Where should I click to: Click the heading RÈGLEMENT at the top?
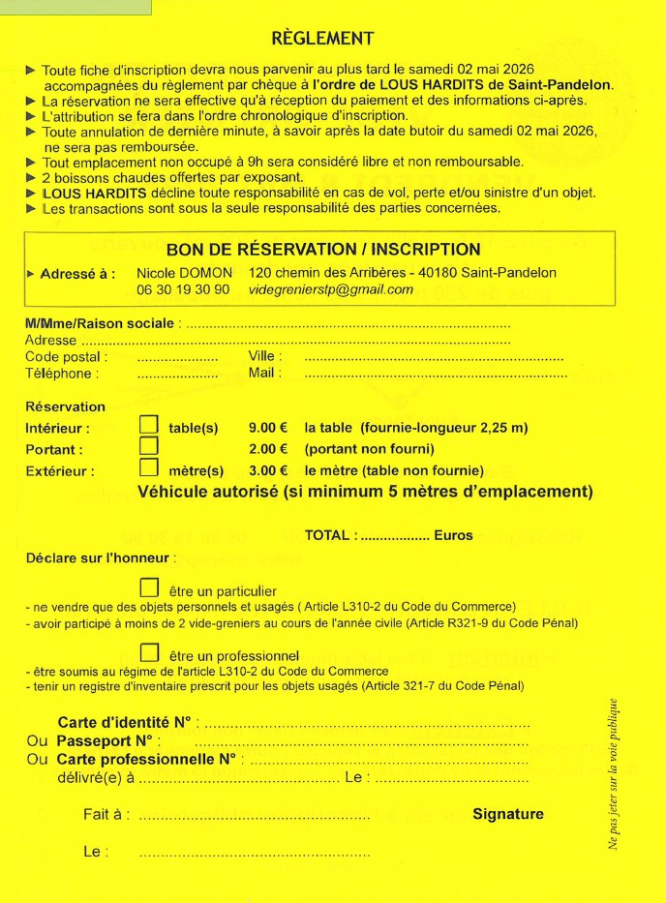click(x=322, y=39)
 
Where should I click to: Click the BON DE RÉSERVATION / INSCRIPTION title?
click(x=322, y=250)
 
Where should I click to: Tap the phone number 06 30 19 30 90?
click(x=183, y=289)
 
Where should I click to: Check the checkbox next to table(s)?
click(x=149, y=425)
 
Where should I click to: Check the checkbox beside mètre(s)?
click(x=149, y=468)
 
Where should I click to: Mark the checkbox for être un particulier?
click(x=149, y=587)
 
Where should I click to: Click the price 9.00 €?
click(x=268, y=427)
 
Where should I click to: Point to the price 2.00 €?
click(x=268, y=449)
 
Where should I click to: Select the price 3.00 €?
click(x=268, y=471)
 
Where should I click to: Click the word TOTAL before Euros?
click(x=329, y=535)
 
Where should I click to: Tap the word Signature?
click(x=507, y=814)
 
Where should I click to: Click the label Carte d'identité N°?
click(x=126, y=723)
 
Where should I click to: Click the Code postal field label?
click(x=65, y=357)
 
